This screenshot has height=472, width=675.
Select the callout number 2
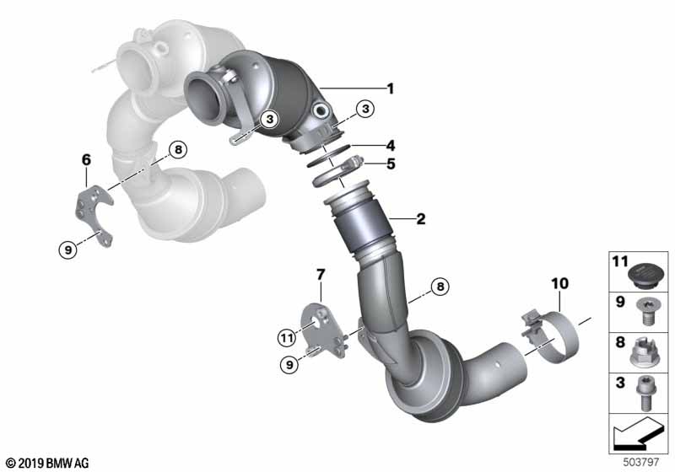420,220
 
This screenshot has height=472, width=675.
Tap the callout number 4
390,144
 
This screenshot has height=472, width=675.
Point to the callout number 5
390,164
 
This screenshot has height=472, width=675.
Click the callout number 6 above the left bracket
85,158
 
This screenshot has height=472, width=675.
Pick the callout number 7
320,274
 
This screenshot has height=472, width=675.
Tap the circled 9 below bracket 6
68,249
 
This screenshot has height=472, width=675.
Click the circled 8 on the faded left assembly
176,150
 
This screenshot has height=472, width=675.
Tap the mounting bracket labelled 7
326,333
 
